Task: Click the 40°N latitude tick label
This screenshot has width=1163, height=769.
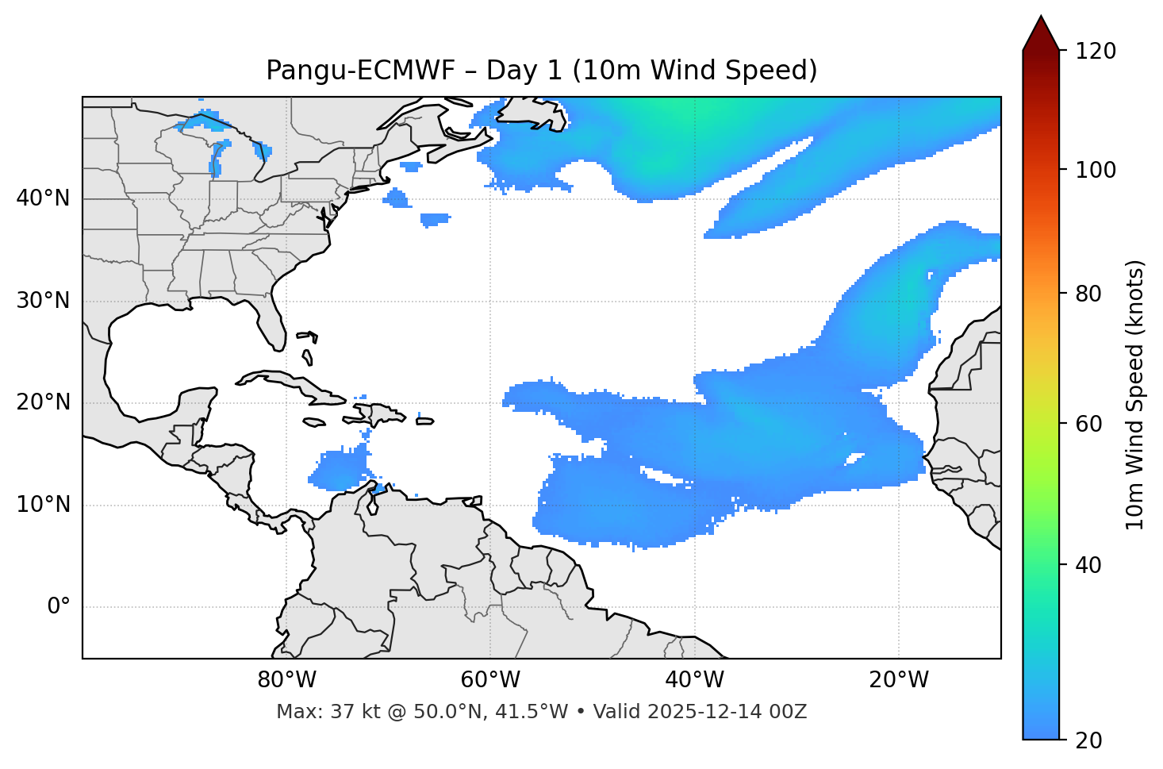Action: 43,198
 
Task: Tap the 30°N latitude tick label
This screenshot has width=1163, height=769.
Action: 43,301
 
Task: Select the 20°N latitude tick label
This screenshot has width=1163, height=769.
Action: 43,402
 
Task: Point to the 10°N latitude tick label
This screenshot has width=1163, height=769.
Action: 43,505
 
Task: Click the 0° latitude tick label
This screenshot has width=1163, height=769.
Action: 59,607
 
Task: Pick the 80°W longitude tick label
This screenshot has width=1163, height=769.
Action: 286,680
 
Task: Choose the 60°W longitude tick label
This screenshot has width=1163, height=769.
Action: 490,680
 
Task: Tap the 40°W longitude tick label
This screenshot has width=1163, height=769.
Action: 694,680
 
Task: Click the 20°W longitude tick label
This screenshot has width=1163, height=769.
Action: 899,680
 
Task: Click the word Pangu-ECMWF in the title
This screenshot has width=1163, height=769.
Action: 360,71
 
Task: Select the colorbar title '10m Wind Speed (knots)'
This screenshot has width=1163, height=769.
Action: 1135,394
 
